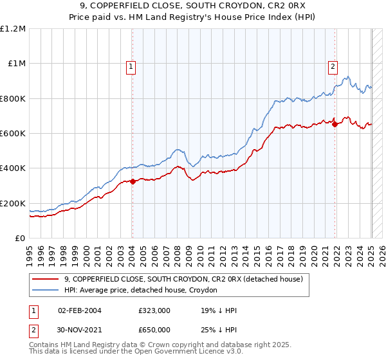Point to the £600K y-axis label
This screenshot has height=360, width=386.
coord(13,134)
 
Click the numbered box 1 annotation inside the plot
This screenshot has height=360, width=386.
coord(131,66)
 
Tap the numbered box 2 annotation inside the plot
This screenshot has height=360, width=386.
coord(333,66)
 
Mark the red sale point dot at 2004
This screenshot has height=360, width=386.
coord(133,182)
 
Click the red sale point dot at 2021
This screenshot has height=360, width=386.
coord(335,125)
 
